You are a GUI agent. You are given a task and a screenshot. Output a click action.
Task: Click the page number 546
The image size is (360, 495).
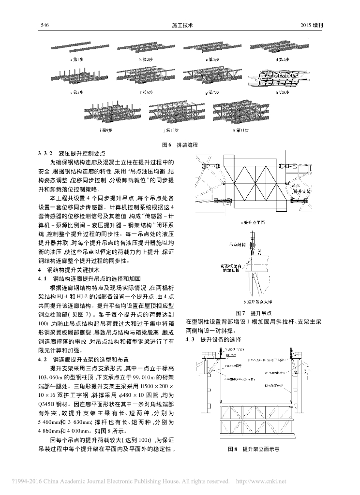tap(46, 26)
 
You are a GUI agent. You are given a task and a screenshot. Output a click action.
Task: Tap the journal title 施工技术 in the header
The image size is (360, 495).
tap(180, 26)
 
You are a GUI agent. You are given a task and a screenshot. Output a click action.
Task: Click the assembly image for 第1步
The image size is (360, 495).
tap(79, 49)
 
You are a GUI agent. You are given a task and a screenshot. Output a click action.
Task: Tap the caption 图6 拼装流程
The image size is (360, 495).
tap(180, 144)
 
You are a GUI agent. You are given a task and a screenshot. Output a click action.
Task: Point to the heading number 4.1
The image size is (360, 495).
tap(42, 278)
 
